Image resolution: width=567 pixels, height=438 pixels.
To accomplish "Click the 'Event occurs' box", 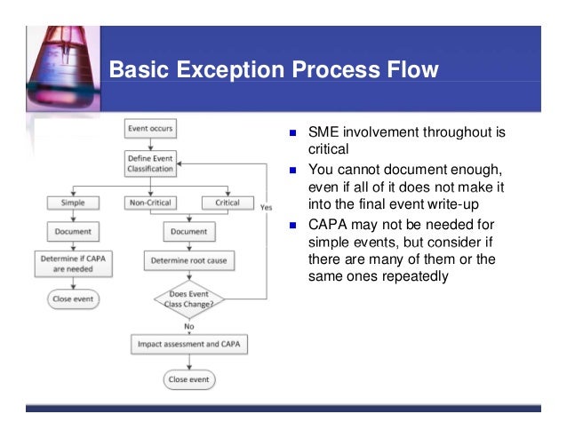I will point(149,129).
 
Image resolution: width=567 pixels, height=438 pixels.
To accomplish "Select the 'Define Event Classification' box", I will point(149,163).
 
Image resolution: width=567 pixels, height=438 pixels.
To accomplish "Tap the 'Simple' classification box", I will point(73,202).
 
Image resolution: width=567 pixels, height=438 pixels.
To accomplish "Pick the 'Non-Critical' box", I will point(149,202).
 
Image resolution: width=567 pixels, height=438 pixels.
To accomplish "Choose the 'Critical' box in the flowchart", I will point(228,202).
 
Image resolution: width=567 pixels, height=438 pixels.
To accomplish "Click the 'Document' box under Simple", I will point(73,232).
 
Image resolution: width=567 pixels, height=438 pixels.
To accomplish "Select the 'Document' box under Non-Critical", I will point(188,232).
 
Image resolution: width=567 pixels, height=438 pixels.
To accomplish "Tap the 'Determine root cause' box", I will point(188,261).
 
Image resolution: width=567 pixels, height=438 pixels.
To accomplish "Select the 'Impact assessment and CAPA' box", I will point(188,343).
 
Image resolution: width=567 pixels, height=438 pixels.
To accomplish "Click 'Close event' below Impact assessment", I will point(188,379).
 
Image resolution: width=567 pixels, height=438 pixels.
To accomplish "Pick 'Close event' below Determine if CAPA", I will point(73,299).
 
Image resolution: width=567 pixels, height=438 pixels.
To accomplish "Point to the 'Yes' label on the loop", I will point(266,208).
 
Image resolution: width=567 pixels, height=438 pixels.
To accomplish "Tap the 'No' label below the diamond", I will point(188,326).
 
